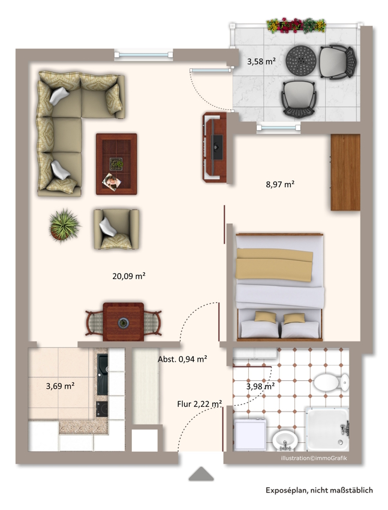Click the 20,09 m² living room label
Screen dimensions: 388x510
tap(129, 276)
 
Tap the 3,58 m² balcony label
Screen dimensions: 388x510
tap(261, 61)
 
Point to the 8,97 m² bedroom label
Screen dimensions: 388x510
tap(280, 184)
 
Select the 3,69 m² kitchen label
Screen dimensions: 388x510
tap(60, 386)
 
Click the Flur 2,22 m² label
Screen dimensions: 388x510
tap(200, 404)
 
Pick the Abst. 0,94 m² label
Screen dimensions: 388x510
tap(182, 359)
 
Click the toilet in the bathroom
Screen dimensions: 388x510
tap(332, 382)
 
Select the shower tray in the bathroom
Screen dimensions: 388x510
tap(327, 430)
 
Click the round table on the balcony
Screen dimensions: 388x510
tap(301, 61)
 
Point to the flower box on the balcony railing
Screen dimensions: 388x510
tap(296, 25)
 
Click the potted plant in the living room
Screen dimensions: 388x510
tap(64, 226)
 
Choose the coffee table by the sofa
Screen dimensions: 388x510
tap(116, 164)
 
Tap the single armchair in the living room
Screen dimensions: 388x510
tap(116, 229)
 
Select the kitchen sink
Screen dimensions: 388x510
tap(103, 374)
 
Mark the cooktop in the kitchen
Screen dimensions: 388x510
tap(102, 409)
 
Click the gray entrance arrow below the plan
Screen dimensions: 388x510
tap(201, 473)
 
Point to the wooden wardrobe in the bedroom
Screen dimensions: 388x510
tap(345, 172)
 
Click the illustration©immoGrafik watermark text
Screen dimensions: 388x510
tap(314, 458)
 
